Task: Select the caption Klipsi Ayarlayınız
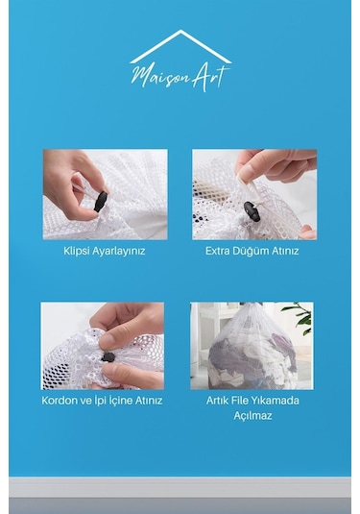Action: (105, 251)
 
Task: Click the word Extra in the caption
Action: (220, 251)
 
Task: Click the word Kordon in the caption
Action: (60, 400)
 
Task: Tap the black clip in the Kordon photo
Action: (108, 356)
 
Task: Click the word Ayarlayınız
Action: (119, 251)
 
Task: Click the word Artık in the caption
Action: (220, 400)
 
